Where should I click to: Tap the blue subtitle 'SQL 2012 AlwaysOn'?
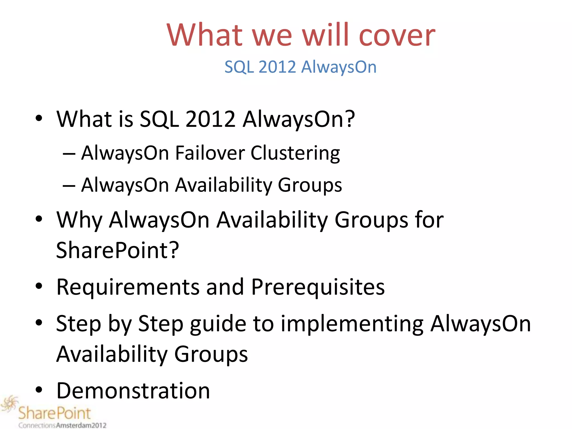301,67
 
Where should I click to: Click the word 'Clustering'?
295,154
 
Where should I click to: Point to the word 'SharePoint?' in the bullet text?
117,250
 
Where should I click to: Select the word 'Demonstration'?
133,390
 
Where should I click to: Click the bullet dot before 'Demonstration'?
39,390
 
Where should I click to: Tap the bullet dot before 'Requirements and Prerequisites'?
39,286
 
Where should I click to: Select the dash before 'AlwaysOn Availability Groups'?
69,186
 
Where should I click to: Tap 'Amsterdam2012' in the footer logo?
81,425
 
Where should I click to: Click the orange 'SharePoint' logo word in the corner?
55,413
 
